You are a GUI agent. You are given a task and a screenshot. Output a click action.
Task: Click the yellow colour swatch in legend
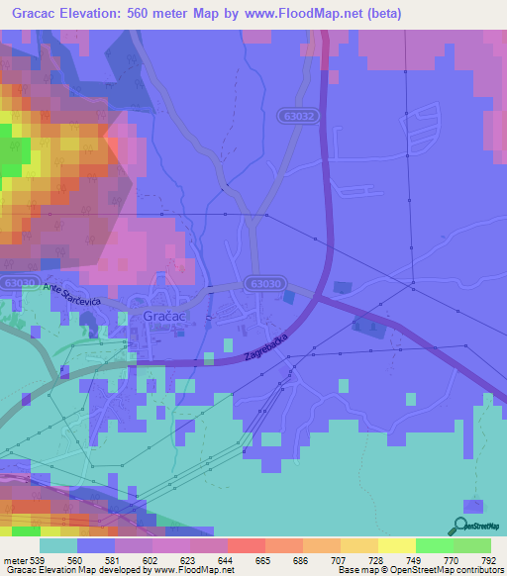coord(397,545)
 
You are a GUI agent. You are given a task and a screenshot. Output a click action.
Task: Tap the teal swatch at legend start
coord(58,545)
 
